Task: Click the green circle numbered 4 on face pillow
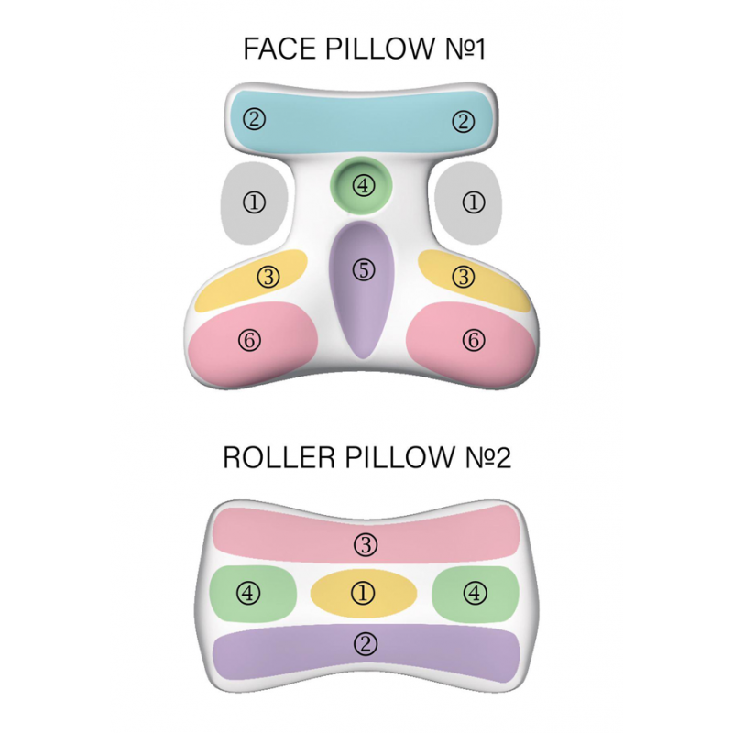pyautogui.click(x=365, y=185)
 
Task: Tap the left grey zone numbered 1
pyautogui.click(x=255, y=202)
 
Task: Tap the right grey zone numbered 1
pyautogui.click(x=473, y=202)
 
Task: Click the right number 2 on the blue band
pyautogui.click(x=465, y=120)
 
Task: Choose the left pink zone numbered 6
pyautogui.click(x=251, y=341)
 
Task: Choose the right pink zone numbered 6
pyautogui.click(x=473, y=341)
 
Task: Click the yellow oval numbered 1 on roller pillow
pyautogui.click(x=364, y=593)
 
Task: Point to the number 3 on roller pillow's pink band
pyautogui.click(x=364, y=545)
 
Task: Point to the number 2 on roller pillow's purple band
pyautogui.click(x=364, y=644)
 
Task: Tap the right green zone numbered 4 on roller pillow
pyautogui.click(x=474, y=593)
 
